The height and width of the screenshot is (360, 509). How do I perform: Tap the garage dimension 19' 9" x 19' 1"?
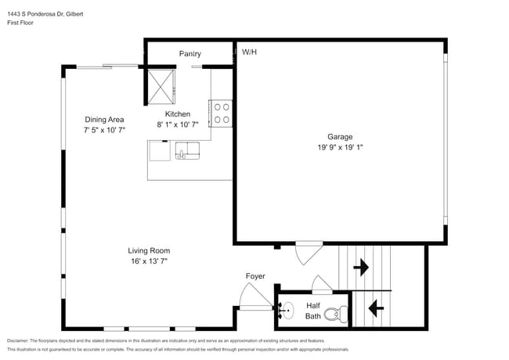click(340, 146)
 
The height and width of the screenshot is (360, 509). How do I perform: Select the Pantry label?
click(190, 54)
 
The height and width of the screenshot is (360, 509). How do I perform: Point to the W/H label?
click(250, 52)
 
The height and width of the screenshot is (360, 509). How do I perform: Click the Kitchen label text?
click(177, 113)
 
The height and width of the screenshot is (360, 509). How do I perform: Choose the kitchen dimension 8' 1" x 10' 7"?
click(177, 124)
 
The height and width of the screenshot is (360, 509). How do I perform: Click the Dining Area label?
click(105, 120)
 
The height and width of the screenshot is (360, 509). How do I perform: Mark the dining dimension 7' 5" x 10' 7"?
click(105, 130)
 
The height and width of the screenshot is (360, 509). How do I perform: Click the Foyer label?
click(255, 276)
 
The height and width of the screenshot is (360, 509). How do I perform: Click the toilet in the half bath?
click(334, 315)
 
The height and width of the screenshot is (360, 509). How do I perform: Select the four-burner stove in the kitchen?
click(221, 113)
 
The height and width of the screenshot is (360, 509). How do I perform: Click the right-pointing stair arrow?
click(361, 268)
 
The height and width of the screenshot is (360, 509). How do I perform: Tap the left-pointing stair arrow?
click(375, 308)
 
